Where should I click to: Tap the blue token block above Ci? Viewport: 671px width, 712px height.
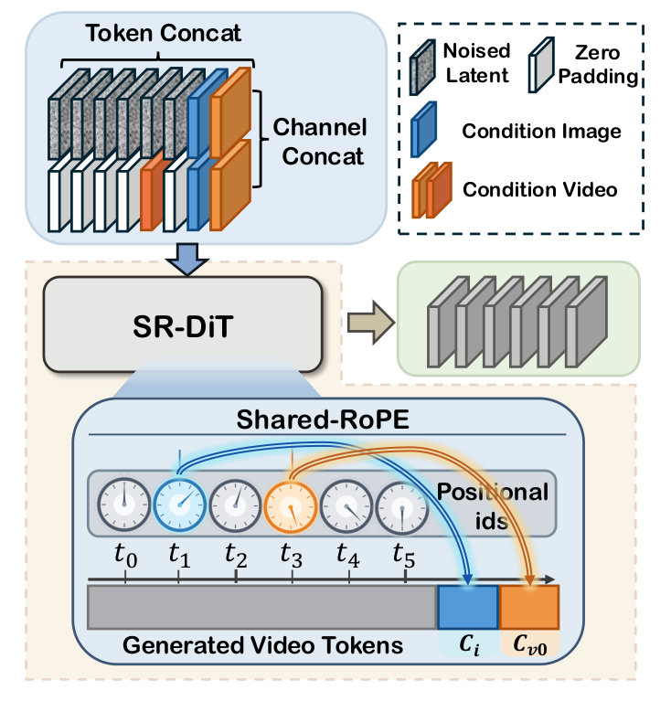tap(468, 607)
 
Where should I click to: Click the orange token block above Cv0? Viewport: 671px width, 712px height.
tap(528, 607)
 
